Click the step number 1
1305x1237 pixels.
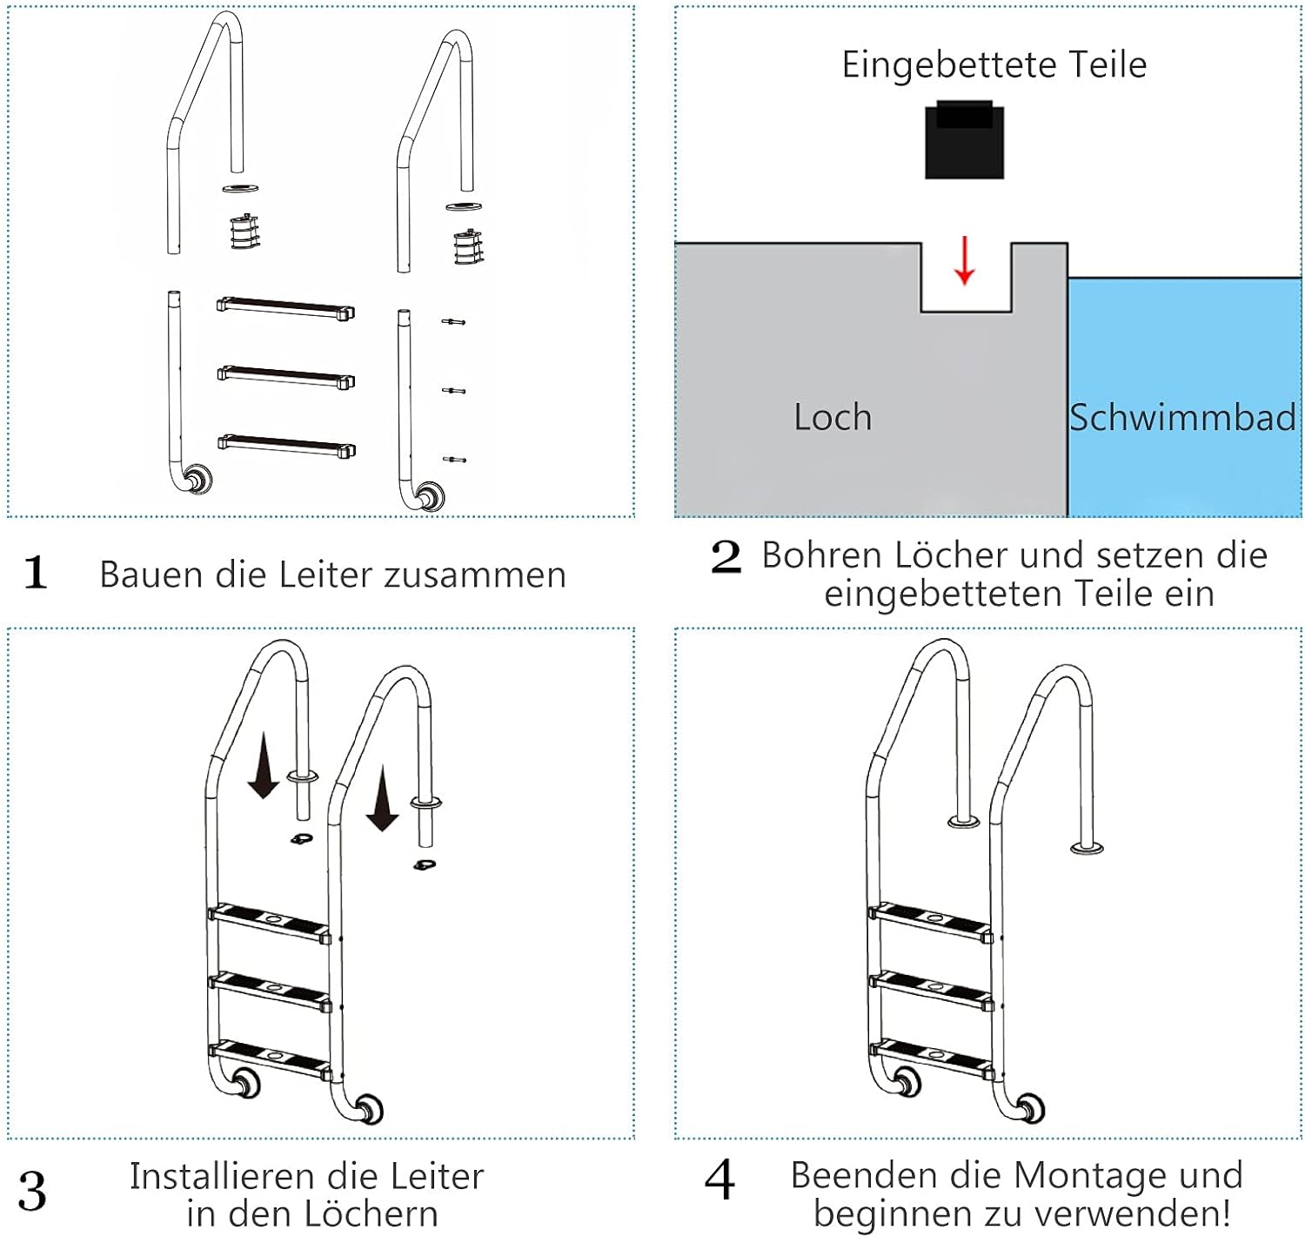pyautogui.click(x=36, y=574)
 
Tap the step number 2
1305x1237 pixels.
pyautogui.click(x=726, y=557)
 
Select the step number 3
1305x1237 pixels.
pyautogui.click(x=32, y=1192)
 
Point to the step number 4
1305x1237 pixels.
pyautogui.click(x=720, y=1181)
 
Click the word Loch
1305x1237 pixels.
pyautogui.click(x=833, y=418)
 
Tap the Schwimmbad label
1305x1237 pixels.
pyautogui.click(x=1183, y=418)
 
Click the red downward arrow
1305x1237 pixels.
pyautogui.click(x=964, y=260)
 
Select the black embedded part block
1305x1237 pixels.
pyautogui.click(x=964, y=141)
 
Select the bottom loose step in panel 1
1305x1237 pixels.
pyautogui.click(x=285, y=446)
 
